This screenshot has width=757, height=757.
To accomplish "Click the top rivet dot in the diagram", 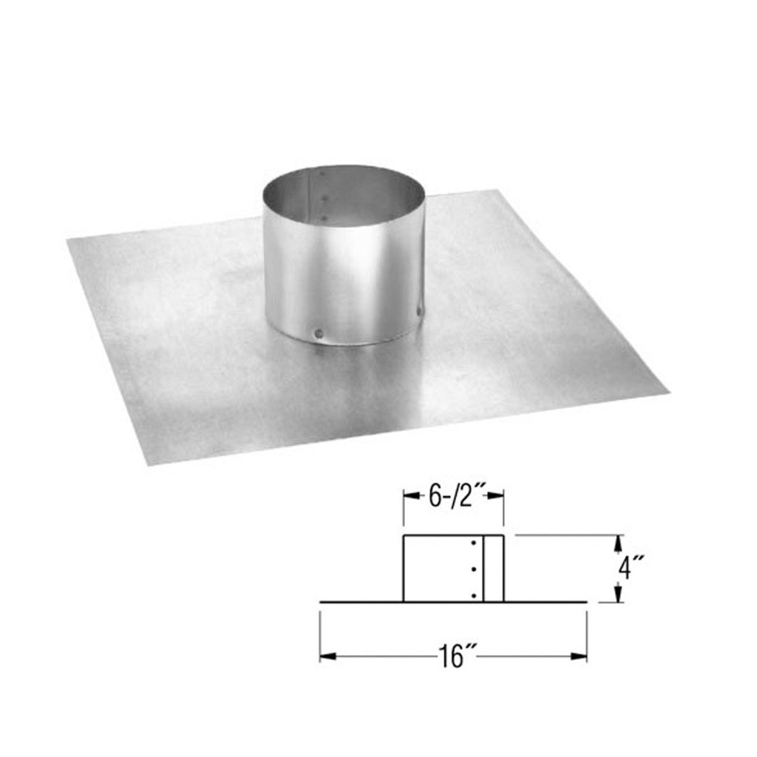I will (x=474, y=543).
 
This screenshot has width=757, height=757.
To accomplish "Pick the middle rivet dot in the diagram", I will (x=474, y=569).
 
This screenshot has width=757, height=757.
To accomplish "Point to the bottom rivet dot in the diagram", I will (x=474, y=595).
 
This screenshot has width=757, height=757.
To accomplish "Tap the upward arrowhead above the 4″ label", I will (x=618, y=540).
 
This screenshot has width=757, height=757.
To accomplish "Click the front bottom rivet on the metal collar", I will (x=319, y=334).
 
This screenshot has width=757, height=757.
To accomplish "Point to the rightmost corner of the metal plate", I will (x=670, y=390).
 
